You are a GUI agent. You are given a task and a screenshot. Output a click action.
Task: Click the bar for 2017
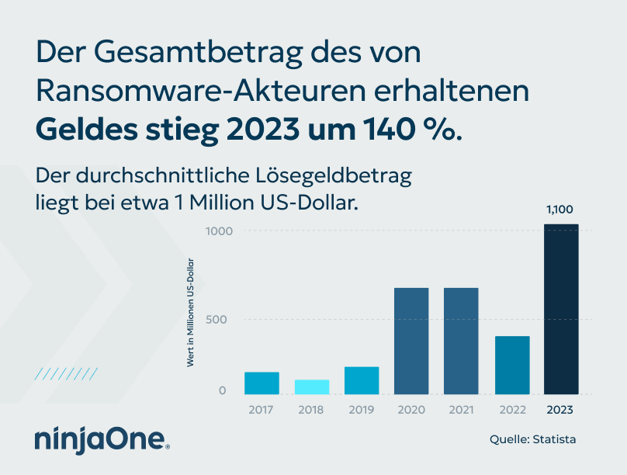tap(262, 383)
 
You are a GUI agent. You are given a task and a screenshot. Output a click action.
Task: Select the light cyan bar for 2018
tap(312, 387)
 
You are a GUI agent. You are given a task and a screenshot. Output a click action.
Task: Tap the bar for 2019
tap(362, 380)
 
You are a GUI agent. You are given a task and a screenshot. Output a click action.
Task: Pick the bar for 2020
tap(411, 341)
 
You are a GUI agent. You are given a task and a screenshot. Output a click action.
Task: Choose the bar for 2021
tap(461, 341)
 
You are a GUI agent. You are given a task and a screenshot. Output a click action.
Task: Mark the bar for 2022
tap(512, 365)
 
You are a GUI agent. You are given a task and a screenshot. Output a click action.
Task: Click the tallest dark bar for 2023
tap(561, 309)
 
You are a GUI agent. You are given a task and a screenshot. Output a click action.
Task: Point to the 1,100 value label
tap(559, 210)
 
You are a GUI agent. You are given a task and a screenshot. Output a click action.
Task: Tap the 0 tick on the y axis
tap(223, 390)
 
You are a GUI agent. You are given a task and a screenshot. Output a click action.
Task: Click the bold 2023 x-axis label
tap(561, 409)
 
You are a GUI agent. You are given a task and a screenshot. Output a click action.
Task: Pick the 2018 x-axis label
tap(312, 409)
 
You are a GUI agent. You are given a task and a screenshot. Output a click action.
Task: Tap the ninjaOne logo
tap(102, 439)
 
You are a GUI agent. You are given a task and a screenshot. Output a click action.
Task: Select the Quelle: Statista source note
tap(532, 439)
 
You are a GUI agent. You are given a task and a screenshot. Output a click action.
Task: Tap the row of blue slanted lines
tap(66, 374)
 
